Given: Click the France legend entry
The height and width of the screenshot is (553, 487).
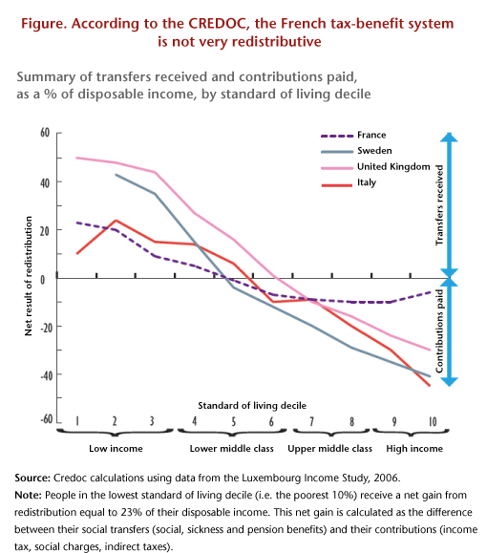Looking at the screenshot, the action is pos(353,135).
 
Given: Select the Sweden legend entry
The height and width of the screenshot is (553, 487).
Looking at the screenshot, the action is pos(356,151).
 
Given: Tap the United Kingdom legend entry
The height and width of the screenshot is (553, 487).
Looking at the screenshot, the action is pos(375,167).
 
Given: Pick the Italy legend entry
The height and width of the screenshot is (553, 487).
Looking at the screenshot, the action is pos(349,182).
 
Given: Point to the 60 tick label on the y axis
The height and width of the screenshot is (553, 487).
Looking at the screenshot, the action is pos(45,133).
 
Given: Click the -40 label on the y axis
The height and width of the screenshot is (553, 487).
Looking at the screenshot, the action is pos(46,375).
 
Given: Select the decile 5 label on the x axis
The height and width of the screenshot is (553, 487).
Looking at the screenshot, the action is pos(233,421).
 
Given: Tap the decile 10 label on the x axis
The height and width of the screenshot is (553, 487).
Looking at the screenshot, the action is pos(433,421).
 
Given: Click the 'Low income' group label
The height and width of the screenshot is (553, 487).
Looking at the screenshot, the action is pos(116,449).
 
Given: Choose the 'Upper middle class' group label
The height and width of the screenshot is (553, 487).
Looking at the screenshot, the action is pos(329,449).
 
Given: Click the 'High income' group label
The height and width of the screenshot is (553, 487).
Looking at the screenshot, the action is pos(414,449).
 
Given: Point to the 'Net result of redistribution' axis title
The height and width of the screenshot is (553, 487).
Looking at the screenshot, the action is pos(29,276).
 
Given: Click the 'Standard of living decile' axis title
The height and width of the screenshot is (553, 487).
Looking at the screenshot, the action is pos(252,406).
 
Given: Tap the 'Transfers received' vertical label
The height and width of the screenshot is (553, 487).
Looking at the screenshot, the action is pos(439,205).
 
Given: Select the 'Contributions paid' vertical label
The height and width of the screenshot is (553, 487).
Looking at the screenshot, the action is pos(439,330).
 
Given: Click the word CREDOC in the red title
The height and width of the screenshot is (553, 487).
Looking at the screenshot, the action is pos(217,24).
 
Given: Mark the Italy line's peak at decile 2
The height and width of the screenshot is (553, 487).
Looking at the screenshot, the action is pos(116,221).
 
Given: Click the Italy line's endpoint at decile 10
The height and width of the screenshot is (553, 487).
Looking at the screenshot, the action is pos(430,386).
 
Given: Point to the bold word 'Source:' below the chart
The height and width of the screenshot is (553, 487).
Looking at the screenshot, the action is pos(32,479).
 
